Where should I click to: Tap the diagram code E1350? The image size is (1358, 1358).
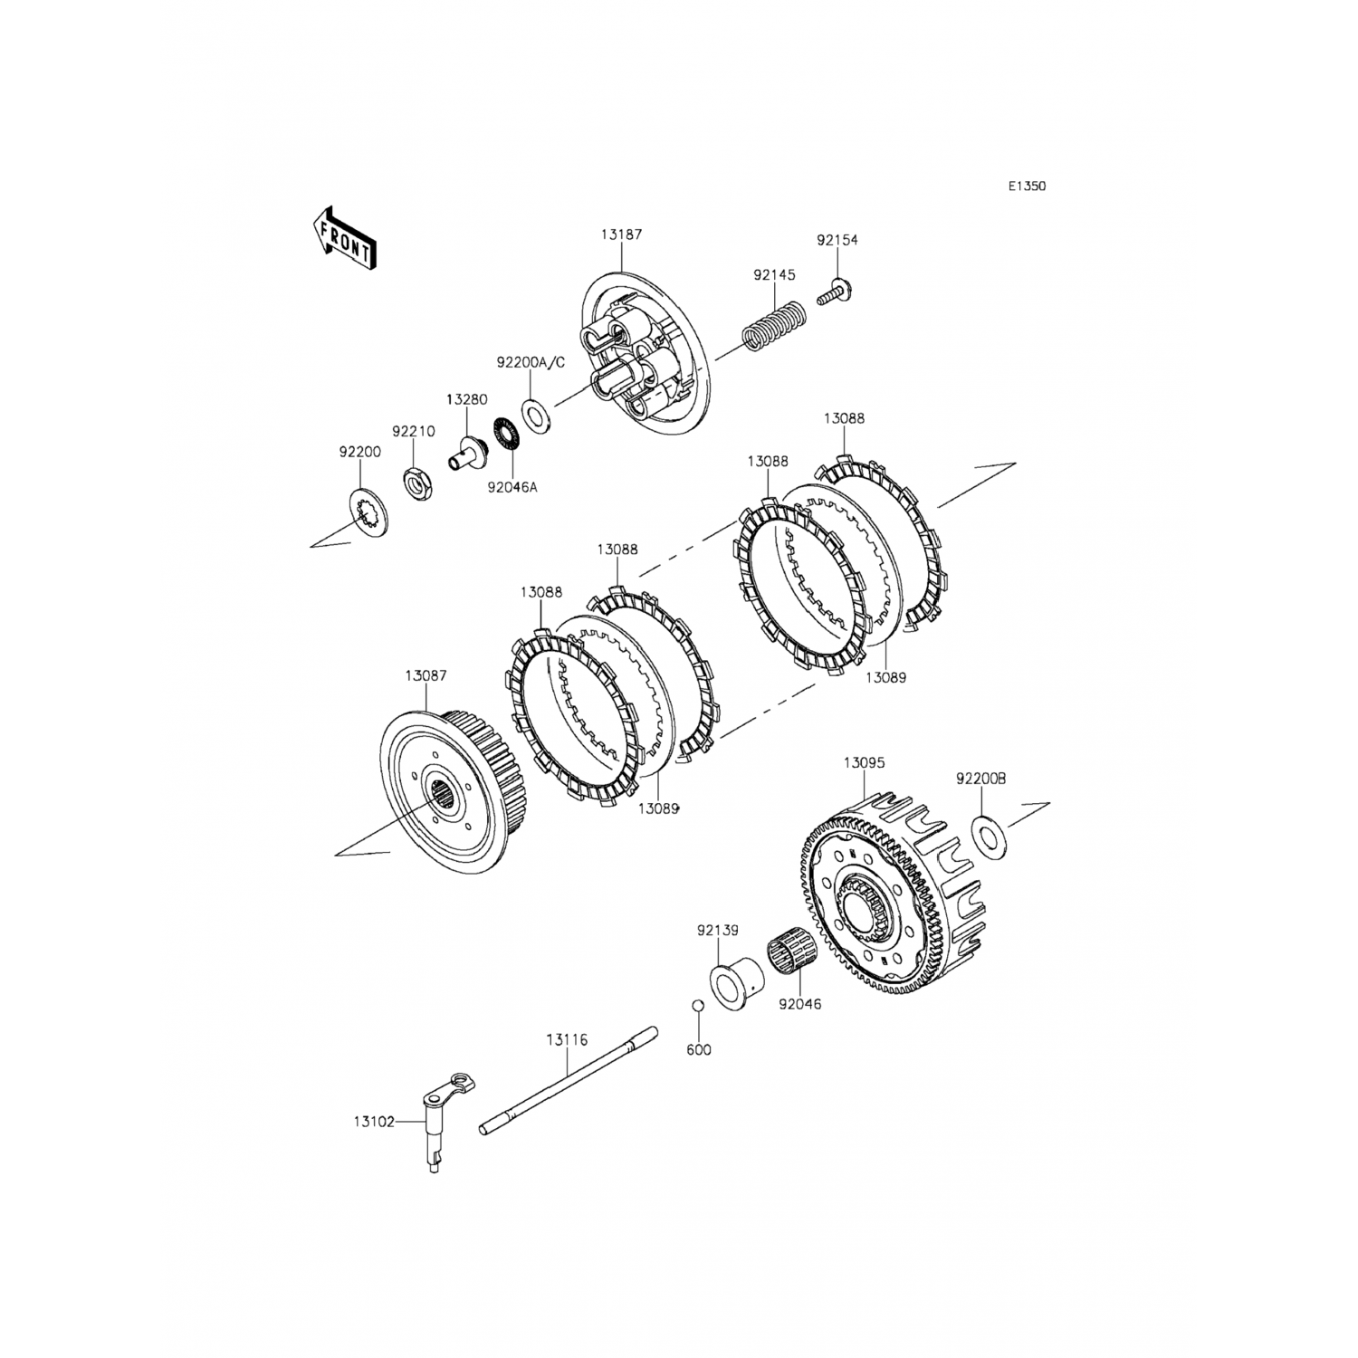tap(1028, 186)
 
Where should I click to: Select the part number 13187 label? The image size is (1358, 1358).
tap(620, 234)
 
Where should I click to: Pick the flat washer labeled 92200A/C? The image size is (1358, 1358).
tap(537, 412)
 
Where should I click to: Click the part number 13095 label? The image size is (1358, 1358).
tap(864, 763)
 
